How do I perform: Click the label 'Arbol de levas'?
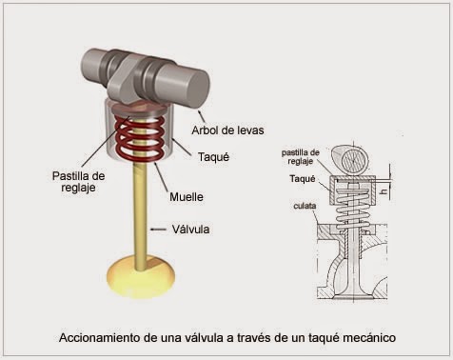pyautogui.click(x=227, y=130)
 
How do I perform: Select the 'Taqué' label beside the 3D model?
pyautogui.click(x=213, y=156)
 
